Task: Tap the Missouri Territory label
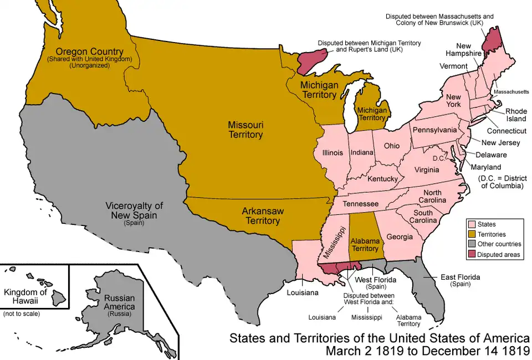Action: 245,130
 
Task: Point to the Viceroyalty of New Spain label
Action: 134,210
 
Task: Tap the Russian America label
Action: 119,302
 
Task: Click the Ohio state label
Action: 391,146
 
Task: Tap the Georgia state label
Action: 399,237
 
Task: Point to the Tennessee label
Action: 360,204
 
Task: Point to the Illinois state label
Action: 332,153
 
